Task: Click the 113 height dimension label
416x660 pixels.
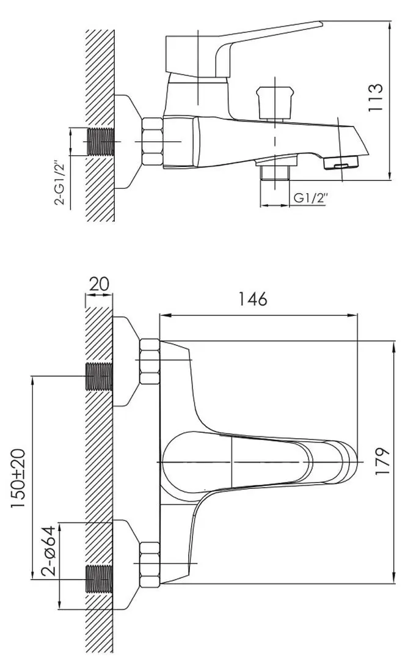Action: [376, 98]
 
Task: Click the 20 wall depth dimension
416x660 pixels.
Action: [99, 284]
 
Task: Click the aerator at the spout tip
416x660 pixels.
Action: [342, 163]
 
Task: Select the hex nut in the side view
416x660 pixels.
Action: [152, 142]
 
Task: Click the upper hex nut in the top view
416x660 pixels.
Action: [149, 360]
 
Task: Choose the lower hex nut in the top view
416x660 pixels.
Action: [149, 563]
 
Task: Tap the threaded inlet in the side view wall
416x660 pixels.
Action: [101, 142]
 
